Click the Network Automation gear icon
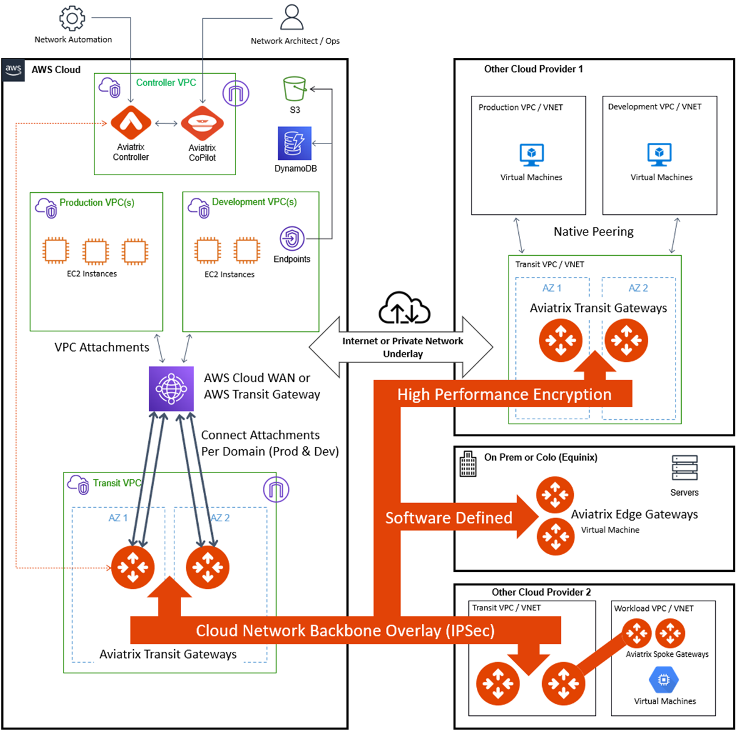tap(72, 18)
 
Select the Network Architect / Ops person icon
tap(291, 17)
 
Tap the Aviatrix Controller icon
tap(130, 123)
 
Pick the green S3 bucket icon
tap(295, 88)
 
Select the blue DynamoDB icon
tap(295, 143)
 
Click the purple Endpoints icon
tap(292, 238)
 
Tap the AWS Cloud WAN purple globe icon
tap(171, 389)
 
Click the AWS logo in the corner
tap(13, 70)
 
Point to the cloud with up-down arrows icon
tap(404, 308)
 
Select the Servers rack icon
tap(684, 468)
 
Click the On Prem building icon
tap(468, 464)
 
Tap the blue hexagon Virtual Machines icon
tap(663, 679)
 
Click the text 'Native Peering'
tap(593, 231)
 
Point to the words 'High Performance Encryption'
tap(504, 394)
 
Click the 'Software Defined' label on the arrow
tap(448, 518)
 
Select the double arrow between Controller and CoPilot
tap(166, 123)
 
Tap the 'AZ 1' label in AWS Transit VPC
tap(118, 518)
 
